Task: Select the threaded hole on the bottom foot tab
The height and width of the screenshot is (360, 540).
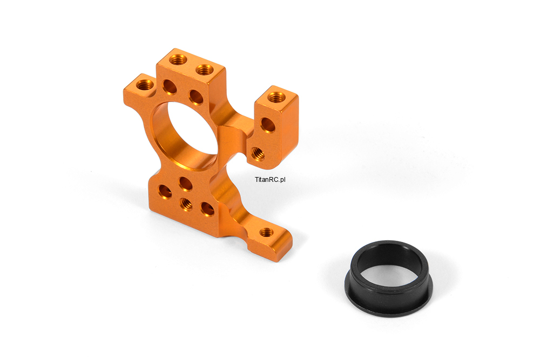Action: [265, 232]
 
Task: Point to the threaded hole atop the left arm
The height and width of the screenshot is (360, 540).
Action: [145, 84]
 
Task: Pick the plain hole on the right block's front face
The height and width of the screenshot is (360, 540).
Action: [268, 125]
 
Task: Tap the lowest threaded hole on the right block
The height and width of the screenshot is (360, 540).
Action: [258, 153]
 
